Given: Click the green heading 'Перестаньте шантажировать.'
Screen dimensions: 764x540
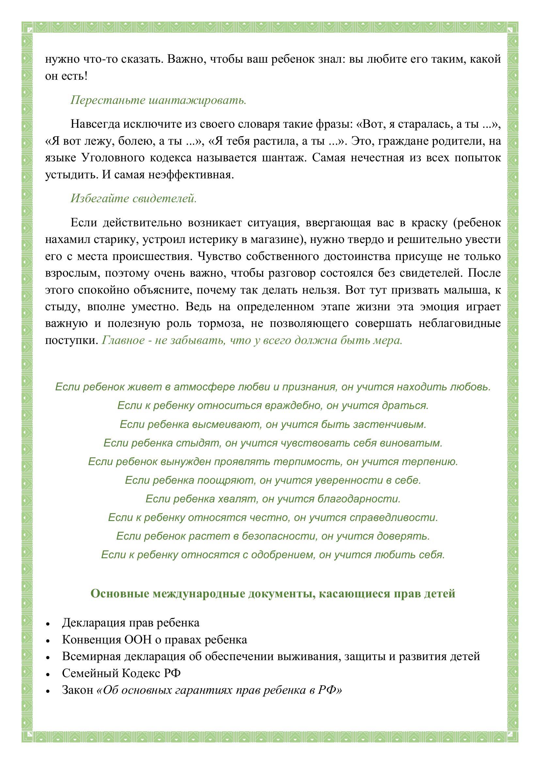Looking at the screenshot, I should [158, 100].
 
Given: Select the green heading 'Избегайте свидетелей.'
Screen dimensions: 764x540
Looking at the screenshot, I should [134, 198].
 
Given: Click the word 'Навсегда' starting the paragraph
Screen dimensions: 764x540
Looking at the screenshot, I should [95, 124].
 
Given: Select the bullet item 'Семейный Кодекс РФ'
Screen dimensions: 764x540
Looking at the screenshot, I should [121, 673].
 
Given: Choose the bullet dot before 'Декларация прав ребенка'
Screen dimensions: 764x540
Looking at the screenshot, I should [49, 624].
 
